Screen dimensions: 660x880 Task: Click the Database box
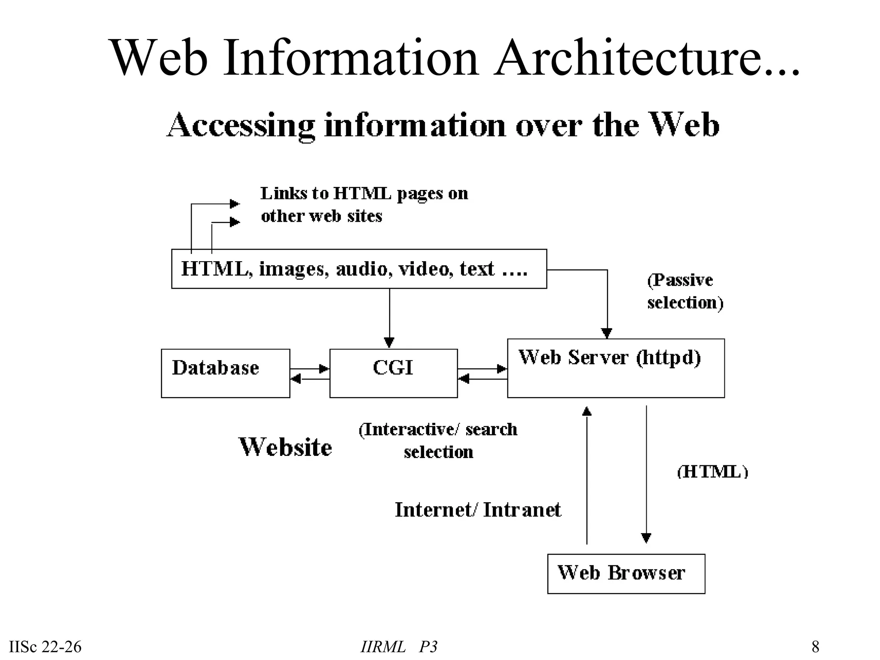pyautogui.click(x=226, y=373)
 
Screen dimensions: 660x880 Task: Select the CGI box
pyautogui.click(x=393, y=373)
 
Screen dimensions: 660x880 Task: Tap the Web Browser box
pyautogui.click(x=626, y=574)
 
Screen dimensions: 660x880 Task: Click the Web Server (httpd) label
pyautogui.click(x=609, y=357)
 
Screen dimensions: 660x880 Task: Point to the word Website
pyautogui.click(x=285, y=447)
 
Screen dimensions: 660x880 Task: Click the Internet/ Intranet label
pyautogui.click(x=478, y=510)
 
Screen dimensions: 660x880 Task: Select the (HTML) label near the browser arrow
pyautogui.click(x=712, y=472)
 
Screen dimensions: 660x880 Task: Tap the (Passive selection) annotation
pyautogui.click(x=685, y=291)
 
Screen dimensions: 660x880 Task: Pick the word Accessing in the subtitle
pyautogui.click(x=241, y=125)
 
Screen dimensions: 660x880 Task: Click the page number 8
pyautogui.click(x=815, y=647)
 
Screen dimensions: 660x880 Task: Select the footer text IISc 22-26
pyautogui.click(x=45, y=647)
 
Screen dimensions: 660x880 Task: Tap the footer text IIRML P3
pyautogui.click(x=399, y=647)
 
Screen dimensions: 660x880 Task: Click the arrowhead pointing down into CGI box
pyautogui.click(x=389, y=342)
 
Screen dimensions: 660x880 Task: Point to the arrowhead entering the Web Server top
pyautogui.click(x=607, y=333)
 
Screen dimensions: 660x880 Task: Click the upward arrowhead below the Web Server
pyautogui.click(x=587, y=411)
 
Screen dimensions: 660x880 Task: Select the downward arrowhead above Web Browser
pyautogui.click(x=646, y=538)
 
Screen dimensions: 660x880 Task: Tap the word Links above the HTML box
pyautogui.click(x=284, y=194)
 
